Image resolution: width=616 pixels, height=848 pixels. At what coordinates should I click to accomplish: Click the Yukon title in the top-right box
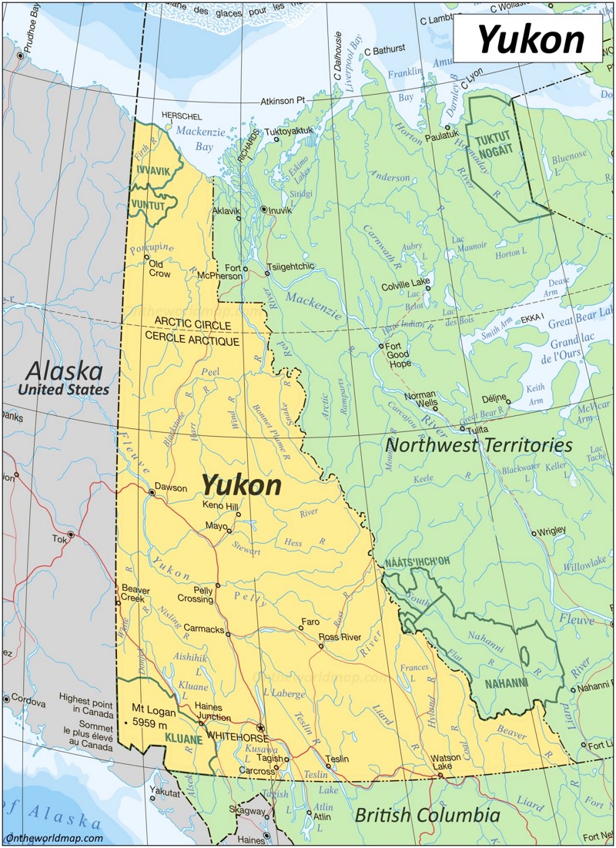tap(531, 39)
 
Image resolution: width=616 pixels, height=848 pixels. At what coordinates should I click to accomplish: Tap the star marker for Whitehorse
tap(261, 727)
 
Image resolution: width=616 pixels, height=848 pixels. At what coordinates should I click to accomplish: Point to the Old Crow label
tap(159, 267)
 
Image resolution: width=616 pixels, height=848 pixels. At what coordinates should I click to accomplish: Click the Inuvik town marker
tap(264, 209)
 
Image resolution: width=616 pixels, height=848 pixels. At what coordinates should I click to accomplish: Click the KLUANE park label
tap(183, 739)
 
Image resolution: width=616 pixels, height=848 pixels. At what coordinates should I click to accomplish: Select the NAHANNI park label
tap(506, 682)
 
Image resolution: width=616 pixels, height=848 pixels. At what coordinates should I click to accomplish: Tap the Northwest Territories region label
tap(478, 445)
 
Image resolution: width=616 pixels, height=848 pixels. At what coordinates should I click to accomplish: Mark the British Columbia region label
tap(427, 815)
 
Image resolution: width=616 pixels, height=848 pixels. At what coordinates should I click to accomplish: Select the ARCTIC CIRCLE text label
tap(192, 321)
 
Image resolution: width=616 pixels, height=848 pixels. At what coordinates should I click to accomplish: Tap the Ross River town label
tap(340, 637)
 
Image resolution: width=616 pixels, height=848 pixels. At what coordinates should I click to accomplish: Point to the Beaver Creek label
tap(136, 594)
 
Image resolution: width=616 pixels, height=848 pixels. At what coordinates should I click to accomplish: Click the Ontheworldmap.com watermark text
tap(54, 838)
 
